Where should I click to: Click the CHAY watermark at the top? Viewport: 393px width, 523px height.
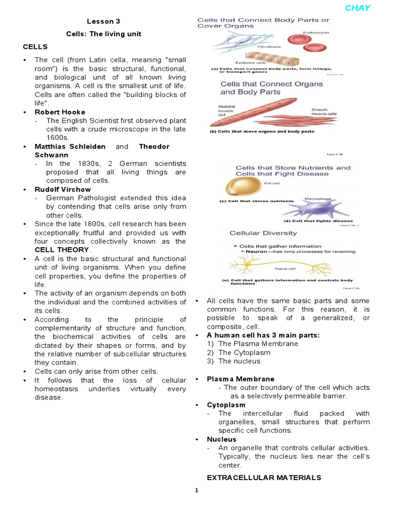[357, 8]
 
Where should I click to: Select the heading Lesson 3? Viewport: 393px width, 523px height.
[103, 21]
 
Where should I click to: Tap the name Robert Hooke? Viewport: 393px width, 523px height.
[60, 112]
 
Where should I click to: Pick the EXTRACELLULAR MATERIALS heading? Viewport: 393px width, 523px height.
[264, 478]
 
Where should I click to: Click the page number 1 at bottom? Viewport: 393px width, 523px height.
[196, 490]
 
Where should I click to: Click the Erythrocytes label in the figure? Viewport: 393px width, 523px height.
[316, 32]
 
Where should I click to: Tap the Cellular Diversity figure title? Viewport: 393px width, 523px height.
[263, 233]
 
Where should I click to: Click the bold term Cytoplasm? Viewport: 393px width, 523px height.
[226, 405]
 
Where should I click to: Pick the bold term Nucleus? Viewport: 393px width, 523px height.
[222, 439]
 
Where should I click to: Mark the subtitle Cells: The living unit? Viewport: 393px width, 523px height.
[103, 34]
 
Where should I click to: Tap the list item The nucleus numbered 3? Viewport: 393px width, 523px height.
[239, 361]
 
